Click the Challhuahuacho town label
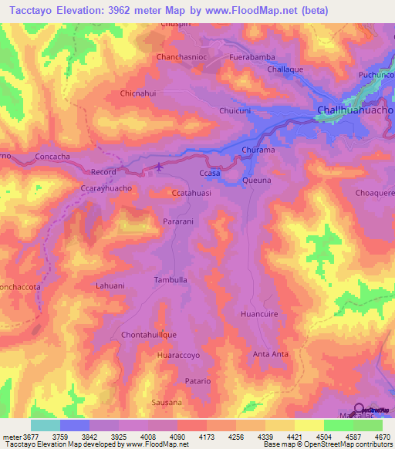355,111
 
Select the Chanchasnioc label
184,57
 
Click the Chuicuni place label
235,111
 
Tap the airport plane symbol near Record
160,166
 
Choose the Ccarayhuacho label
106,187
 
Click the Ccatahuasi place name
191,194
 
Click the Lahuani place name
110,285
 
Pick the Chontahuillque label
150,335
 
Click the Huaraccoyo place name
178,356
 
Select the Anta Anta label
271,354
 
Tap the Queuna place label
257,180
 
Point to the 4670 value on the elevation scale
381,436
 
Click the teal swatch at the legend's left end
46,425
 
